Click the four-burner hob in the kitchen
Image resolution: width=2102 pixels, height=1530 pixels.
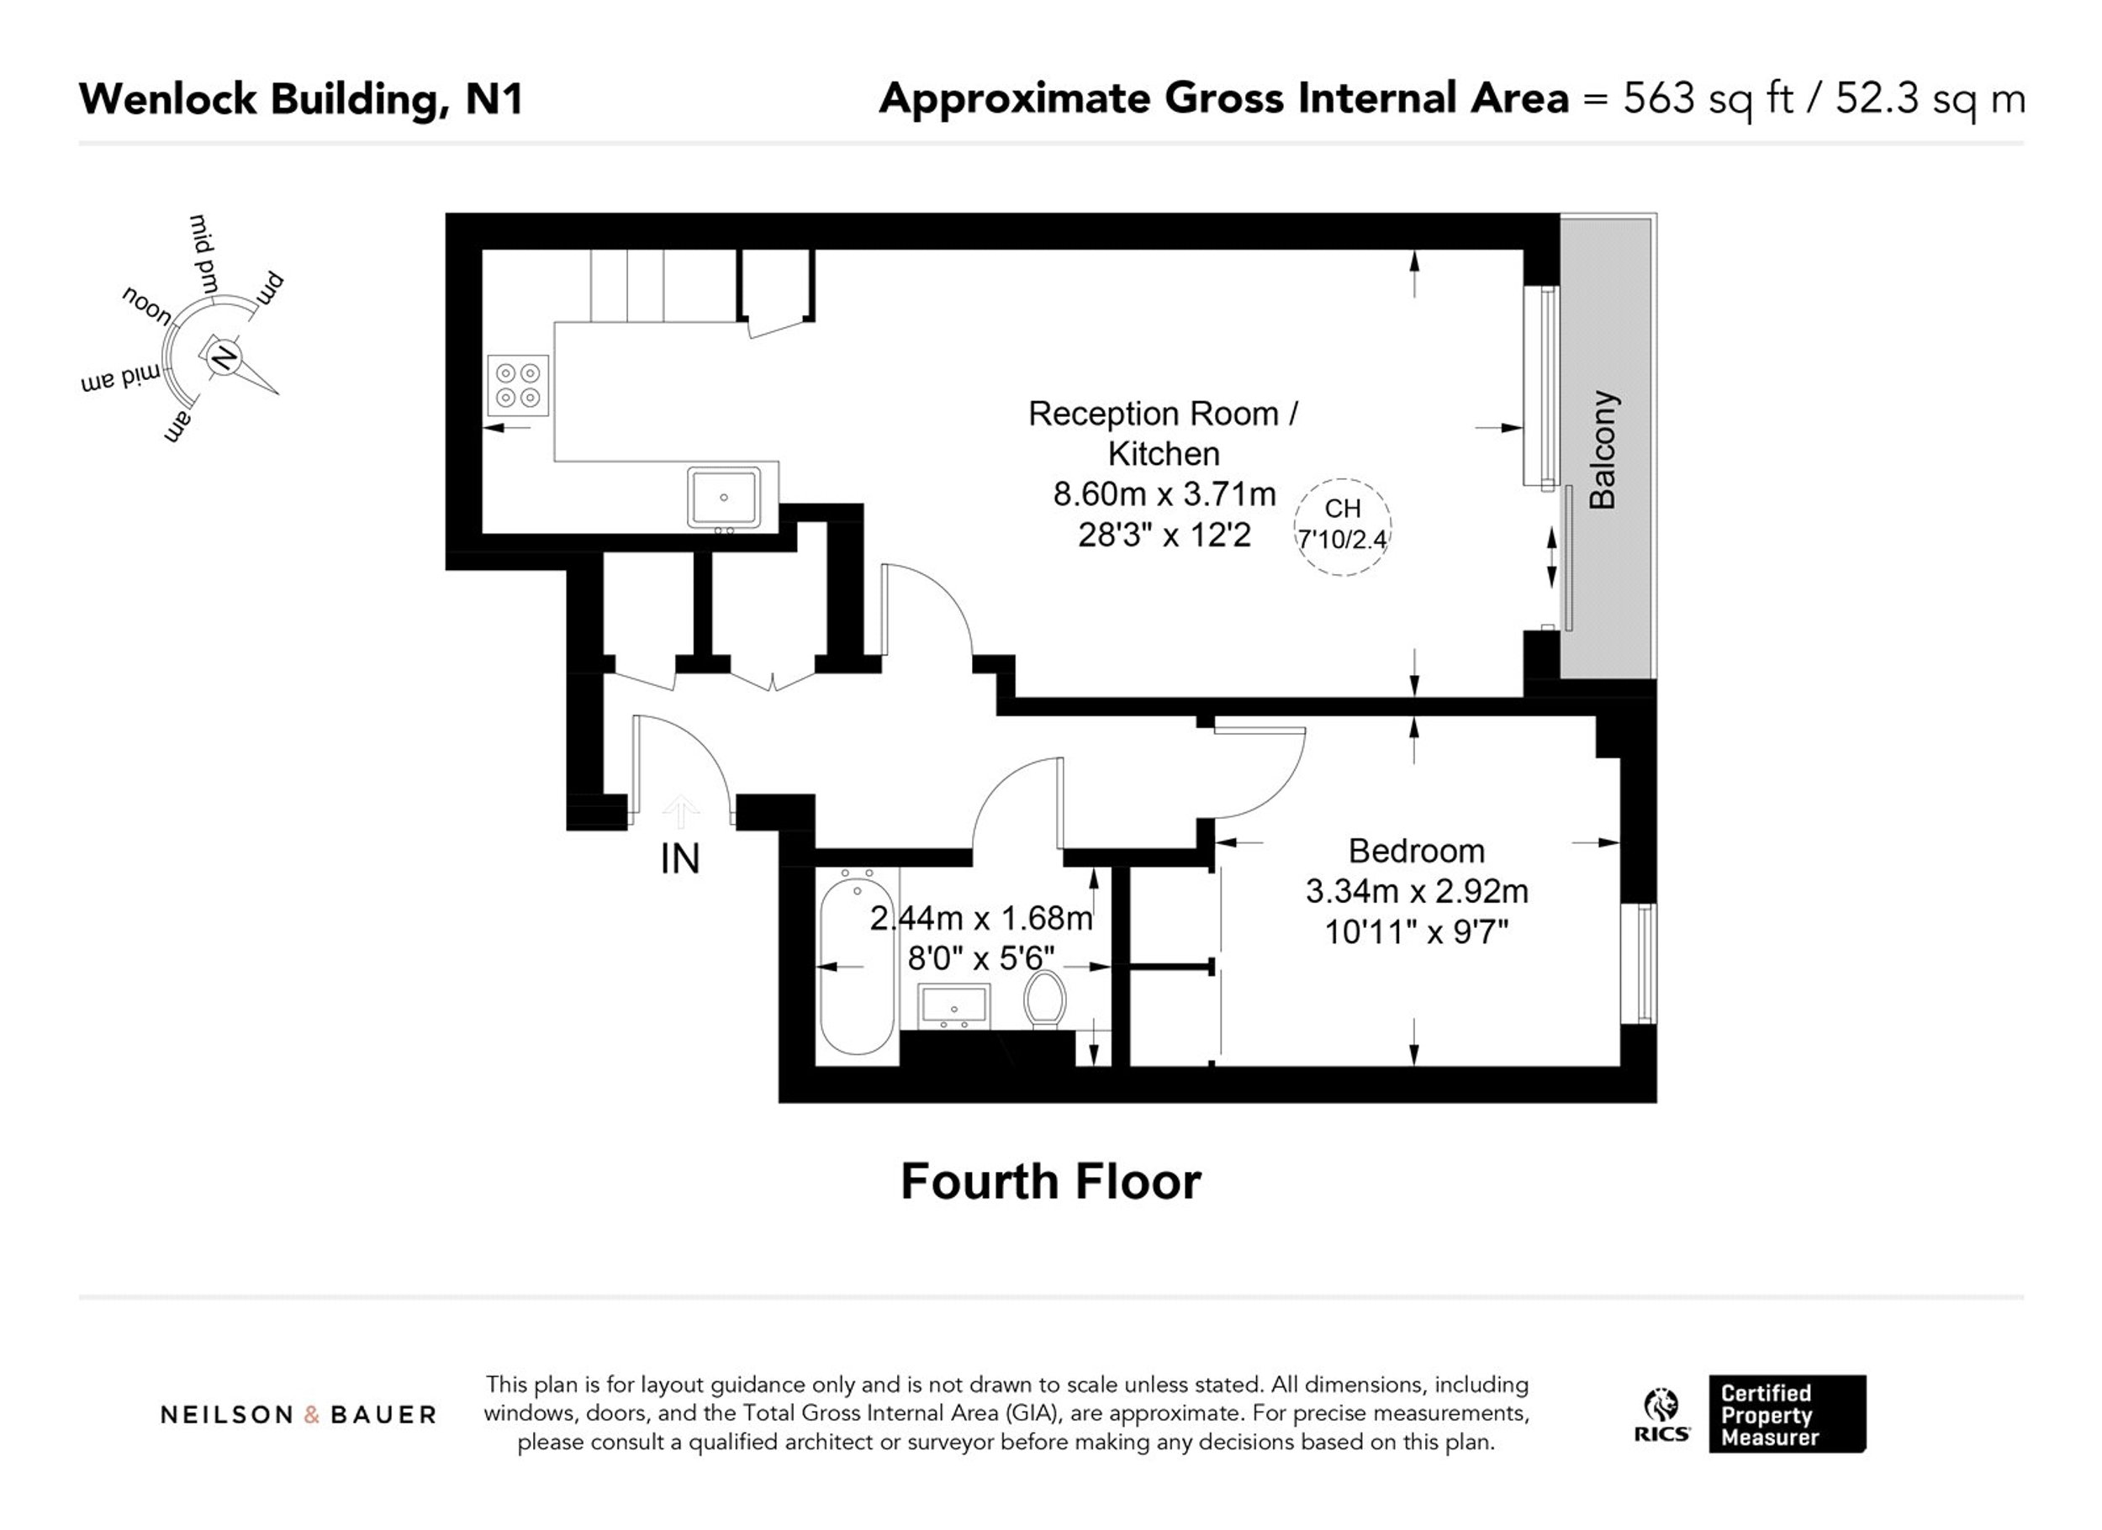[x=518, y=386]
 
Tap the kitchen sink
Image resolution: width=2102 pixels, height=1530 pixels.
[x=724, y=498]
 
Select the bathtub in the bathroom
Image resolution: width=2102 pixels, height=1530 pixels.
[x=858, y=963]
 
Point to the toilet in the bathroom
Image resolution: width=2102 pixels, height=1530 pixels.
[x=1044, y=998]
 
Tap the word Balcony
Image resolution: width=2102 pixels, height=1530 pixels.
[x=1603, y=450]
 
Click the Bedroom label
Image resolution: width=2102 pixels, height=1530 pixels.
[x=1416, y=851]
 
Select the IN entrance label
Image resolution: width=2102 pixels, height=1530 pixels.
[x=679, y=859]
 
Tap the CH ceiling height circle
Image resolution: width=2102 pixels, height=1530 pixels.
[x=1342, y=526]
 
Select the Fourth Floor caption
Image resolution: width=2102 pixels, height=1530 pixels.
[x=1050, y=1182]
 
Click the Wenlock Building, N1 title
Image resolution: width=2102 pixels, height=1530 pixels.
[x=301, y=99]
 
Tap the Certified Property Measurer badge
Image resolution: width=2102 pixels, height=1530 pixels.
[x=1787, y=1414]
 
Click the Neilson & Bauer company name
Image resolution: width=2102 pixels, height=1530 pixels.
[x=298, y=1415]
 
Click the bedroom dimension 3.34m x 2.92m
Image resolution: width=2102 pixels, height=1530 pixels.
[x=1416, y=891]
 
